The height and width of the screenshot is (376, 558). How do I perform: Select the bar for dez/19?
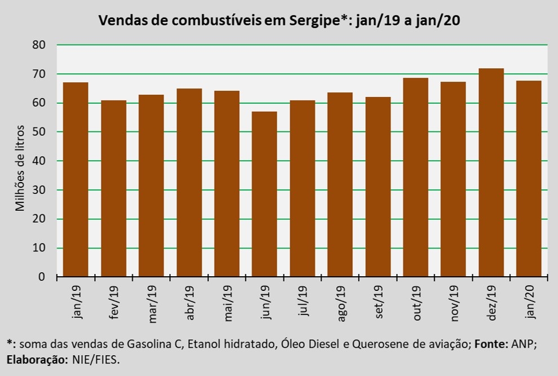tap(491, 172)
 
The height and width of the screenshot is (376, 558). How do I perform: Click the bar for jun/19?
tap(264, 194)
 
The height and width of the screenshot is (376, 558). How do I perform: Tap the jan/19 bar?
tap(76, 179)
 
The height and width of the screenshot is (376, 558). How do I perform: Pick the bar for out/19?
tap(415, 178)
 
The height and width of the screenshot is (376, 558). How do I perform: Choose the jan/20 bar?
tap(529, 179)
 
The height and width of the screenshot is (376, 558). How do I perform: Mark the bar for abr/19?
tap(189, 183)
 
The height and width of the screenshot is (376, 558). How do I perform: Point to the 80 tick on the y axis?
tap(39, 45)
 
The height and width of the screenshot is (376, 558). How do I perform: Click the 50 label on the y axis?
tap(39, 132)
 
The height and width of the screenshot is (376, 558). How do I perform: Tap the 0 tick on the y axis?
tap(42, 277)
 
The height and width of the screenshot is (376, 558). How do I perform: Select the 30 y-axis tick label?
tap(39, 190)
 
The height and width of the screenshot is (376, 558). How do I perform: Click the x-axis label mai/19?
tap(228, 303)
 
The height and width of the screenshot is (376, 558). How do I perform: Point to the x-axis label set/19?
tap(378, 302)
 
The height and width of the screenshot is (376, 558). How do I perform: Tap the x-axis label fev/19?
tap(113, 302)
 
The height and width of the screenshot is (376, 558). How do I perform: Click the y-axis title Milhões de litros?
tap(20, 167)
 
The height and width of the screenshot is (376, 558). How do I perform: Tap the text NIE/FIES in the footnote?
tap(96, 360)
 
